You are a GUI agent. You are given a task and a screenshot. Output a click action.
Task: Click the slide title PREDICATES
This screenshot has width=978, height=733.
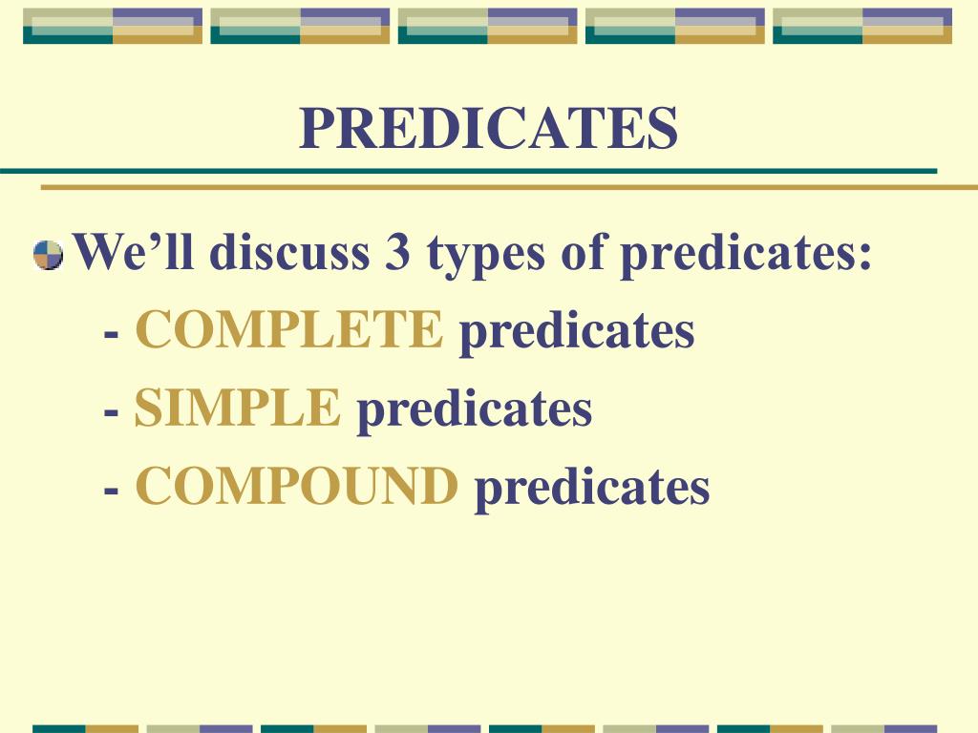(488, 129)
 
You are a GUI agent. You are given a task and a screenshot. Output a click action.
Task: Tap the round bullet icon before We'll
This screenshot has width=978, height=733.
(47, 255)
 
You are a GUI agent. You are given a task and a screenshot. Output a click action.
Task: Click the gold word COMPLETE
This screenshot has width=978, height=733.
(289, 330)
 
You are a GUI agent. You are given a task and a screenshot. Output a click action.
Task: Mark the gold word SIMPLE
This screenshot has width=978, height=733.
(238, 408)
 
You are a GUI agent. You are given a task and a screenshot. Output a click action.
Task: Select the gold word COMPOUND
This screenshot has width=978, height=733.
(297, 487)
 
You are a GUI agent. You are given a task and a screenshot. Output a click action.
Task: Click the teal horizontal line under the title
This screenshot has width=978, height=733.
(468, 171)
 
